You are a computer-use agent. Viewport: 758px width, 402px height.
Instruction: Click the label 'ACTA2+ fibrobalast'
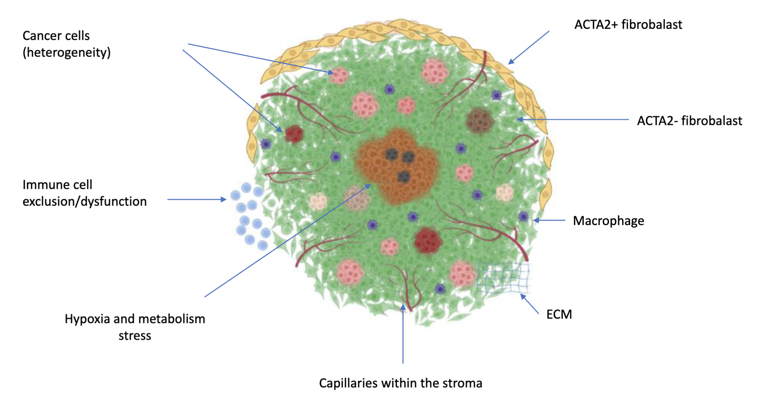click(x=628, y=24)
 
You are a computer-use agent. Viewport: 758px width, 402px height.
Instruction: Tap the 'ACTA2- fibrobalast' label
click(x=689, y=121)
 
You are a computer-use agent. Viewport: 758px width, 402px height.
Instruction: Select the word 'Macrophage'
click(x=608, y=221)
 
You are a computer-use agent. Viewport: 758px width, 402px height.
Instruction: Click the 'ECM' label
click(x=559, y=314)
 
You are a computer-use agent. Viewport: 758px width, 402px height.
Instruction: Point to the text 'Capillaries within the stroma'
click(x=400, y=383)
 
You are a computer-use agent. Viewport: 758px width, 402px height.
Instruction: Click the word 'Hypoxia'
click(x=87, y=319)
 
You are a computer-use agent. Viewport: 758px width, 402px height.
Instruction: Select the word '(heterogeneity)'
click(x=67, y=52)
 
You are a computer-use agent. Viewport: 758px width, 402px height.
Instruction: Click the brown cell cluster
click(x=480, y=121)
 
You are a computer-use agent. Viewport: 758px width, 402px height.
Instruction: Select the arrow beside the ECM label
click(x=530, y=304)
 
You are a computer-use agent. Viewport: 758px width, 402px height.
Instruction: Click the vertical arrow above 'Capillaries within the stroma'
click(x=403, y=334)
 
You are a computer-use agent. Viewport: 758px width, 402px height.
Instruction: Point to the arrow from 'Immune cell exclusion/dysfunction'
click(x=197, y=200)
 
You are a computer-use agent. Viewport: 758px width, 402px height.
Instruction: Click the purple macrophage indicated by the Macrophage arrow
click(x=523, y=216)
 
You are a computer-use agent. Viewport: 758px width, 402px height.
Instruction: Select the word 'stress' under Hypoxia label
click(x=135, y=336)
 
